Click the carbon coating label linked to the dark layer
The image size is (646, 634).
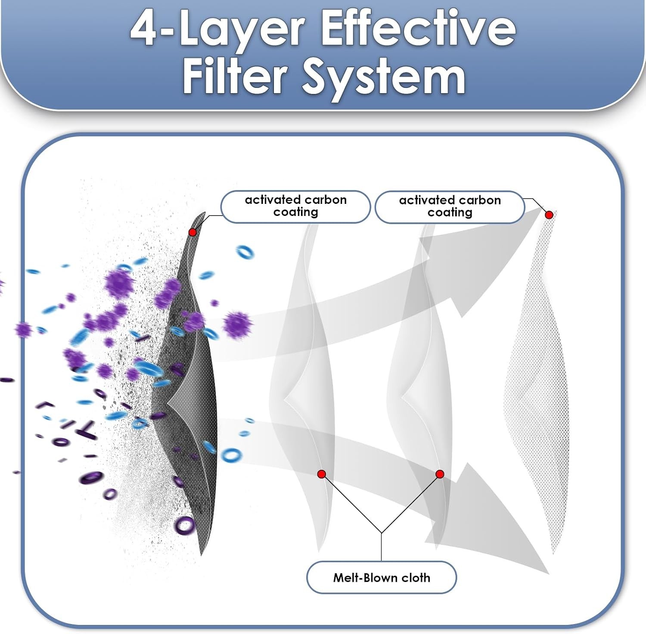pos(295,206)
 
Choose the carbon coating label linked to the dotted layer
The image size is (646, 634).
pos(450,207)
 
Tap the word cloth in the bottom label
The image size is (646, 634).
pos(416,578)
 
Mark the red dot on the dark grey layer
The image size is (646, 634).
pos(193,232)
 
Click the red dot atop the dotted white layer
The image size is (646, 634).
pos(549,215)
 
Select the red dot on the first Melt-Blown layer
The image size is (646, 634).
pos(321,474)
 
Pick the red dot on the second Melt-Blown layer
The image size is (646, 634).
pos(440,474)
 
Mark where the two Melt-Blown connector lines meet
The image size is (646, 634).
pos(381,533)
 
